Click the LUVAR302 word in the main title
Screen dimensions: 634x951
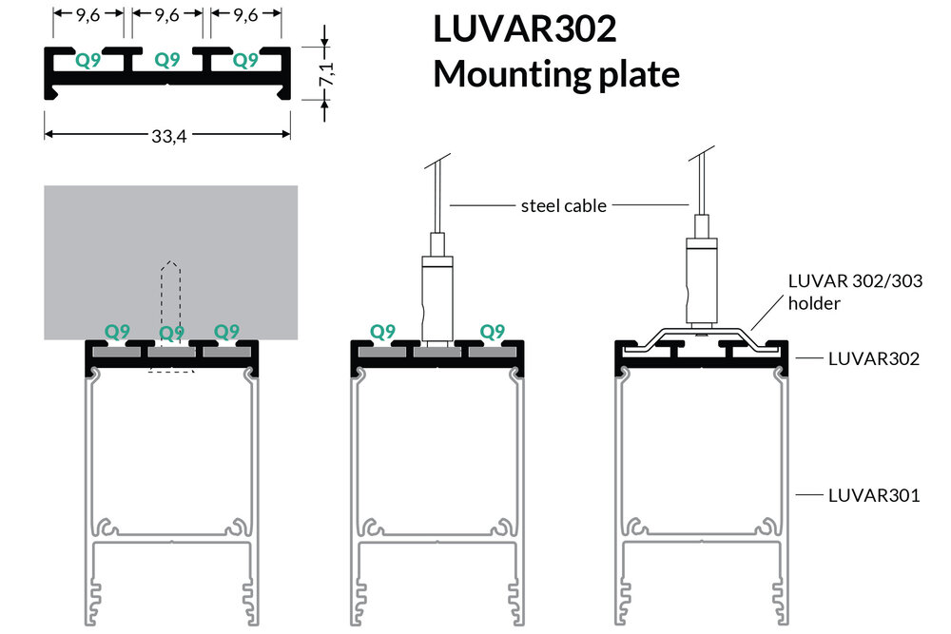(524, 29)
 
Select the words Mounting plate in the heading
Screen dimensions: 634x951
(556, 74)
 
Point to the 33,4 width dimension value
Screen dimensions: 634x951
(167, 137)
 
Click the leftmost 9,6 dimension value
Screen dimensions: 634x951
(88, 15)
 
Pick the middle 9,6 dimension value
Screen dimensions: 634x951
(167, 15)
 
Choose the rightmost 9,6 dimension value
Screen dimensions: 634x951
(245, 15)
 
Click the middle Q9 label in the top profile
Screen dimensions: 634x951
(167, 60)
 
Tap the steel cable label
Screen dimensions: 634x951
(563, 205)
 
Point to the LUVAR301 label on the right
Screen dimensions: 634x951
(873, 494)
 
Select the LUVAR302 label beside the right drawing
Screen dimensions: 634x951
(873, 358)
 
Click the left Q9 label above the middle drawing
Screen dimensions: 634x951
(382, 331)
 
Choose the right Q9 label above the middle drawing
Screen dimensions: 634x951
(492, 331)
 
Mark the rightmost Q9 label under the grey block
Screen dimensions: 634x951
(226, 331)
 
